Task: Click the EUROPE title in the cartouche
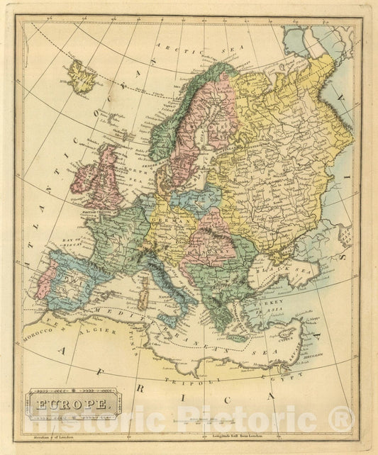coord(70,407)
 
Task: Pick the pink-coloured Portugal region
coord(45,279)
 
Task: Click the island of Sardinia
coord(143,294)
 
